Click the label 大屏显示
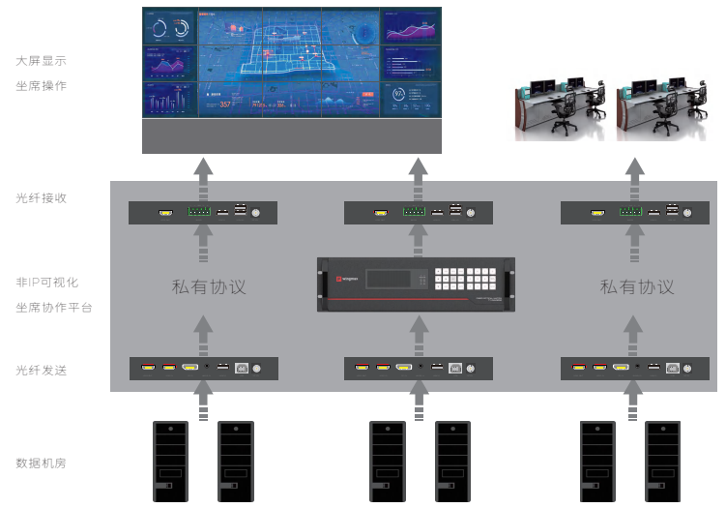(41, 61)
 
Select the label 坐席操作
(41, 86)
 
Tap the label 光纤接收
(41, 197)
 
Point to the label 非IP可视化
(46, 283)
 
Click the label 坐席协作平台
(53, 308)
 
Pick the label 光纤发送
(41, 370)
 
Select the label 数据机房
(41, 463)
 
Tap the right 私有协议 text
(636, 286)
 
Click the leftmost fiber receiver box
(203, 213)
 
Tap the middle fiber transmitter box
(418, 368)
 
